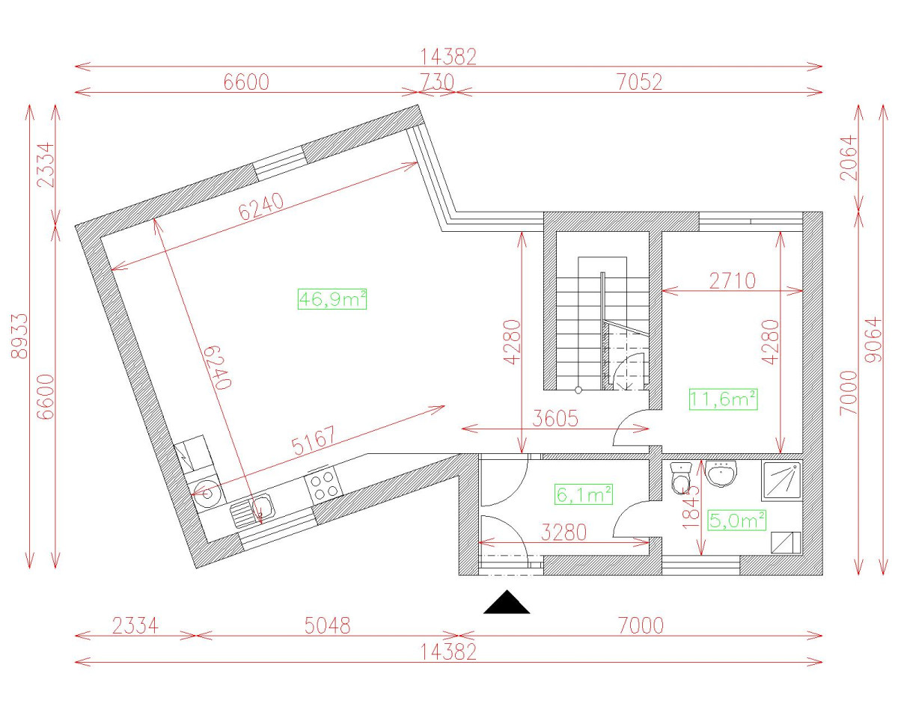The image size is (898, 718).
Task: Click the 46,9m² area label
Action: [x=332, y=299]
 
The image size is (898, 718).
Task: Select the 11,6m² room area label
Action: [x=723, y=399]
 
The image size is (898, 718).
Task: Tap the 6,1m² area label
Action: [x=584, y=494]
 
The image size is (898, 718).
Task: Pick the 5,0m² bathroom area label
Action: [x=737, y=520]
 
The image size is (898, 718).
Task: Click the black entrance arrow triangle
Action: [x=507, y=603]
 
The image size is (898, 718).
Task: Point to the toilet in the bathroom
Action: [x=681, y=479]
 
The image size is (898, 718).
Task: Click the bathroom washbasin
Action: [x=721, y=473]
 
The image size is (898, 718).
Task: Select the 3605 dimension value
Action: [x=555, y=419]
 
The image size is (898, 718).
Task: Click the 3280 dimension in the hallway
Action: [x=563, y=533]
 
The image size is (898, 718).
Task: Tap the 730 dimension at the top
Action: [x=436, y=82]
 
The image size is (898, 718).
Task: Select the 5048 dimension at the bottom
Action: [x=326, y=625]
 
